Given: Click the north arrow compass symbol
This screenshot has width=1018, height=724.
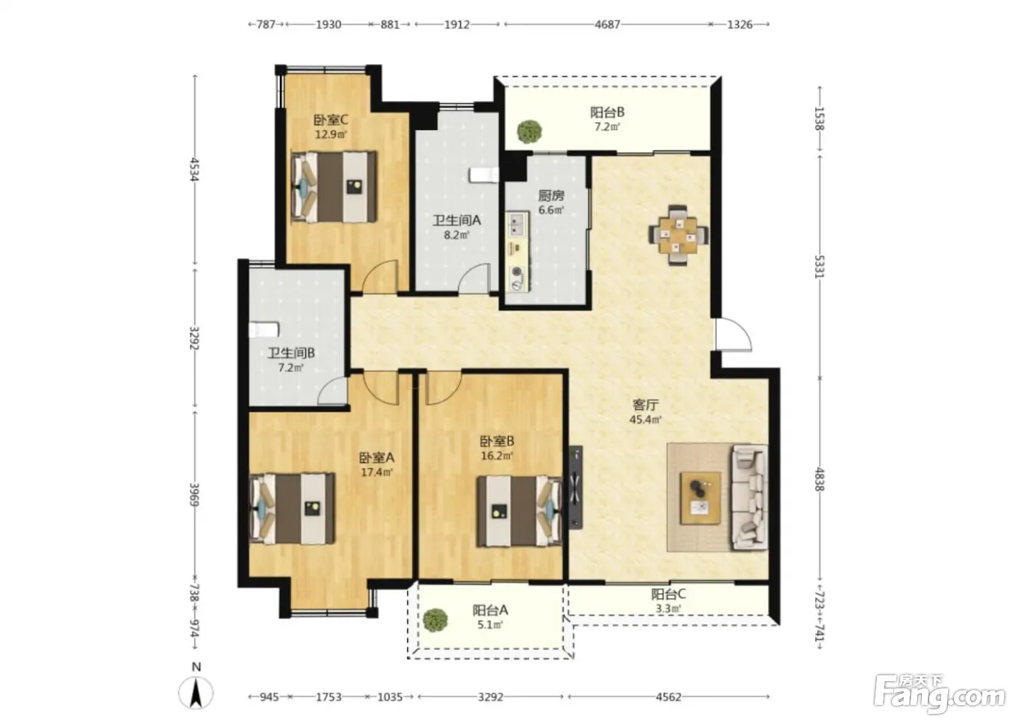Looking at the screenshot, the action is (196, 693).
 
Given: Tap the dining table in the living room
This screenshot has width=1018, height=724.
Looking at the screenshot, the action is (678, 236).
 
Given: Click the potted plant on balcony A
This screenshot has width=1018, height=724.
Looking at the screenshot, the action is (436, 620).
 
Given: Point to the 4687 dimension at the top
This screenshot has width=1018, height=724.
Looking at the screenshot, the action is (607, 25).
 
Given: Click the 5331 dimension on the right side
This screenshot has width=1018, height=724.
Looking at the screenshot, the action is (819, 267).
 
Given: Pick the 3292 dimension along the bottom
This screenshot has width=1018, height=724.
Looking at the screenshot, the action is (490, 696).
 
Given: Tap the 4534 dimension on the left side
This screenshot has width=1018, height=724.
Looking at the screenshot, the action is (195, 169).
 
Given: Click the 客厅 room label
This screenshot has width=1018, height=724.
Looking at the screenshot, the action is (646, 404).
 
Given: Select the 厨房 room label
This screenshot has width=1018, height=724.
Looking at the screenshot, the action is (551, 196).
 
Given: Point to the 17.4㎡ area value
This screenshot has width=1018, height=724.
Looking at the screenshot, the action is (377, 472).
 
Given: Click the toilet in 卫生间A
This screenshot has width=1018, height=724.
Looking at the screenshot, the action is (484, 175).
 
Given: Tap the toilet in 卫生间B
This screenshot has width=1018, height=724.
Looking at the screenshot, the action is (263, 330).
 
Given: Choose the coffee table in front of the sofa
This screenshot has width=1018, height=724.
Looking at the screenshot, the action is (700, 498).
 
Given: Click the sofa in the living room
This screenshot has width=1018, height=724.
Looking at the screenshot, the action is (750, 498).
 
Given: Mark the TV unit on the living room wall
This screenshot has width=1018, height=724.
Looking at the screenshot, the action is (576, 487).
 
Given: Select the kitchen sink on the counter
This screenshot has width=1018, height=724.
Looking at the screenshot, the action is (518, 225).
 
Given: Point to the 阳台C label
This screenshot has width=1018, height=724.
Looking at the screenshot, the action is (668, 594).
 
